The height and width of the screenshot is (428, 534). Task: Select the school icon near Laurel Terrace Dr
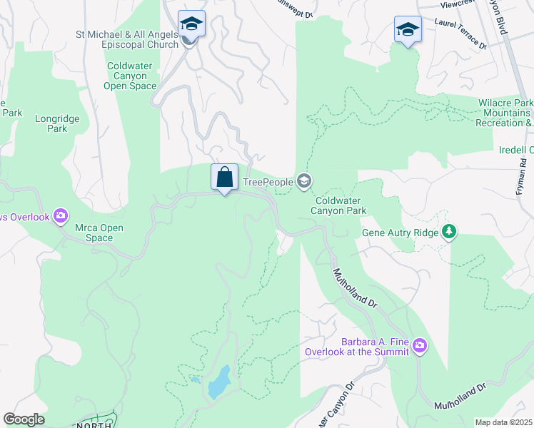[x=408, y=30]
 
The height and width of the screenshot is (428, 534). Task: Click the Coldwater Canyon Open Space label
[x=131, y=76]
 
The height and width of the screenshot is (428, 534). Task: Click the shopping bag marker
[x=224, y=177]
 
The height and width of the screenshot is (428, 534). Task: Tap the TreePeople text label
[x=268, y=183]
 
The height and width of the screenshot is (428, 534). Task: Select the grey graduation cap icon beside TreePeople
[x=304, y=182]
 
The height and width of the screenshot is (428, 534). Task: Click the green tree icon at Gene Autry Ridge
[x=448, y=231]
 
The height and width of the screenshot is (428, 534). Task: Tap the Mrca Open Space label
[x=100, y=233]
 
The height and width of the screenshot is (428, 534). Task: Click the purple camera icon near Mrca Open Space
[x=61, y=215]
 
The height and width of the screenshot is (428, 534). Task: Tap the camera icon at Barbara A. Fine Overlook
[x=419, y=346]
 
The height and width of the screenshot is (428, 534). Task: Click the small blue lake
[x=218, y=382]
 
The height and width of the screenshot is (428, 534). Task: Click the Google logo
[x=24, y=419]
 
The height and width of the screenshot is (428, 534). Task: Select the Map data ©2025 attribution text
[x=503, y=422]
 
